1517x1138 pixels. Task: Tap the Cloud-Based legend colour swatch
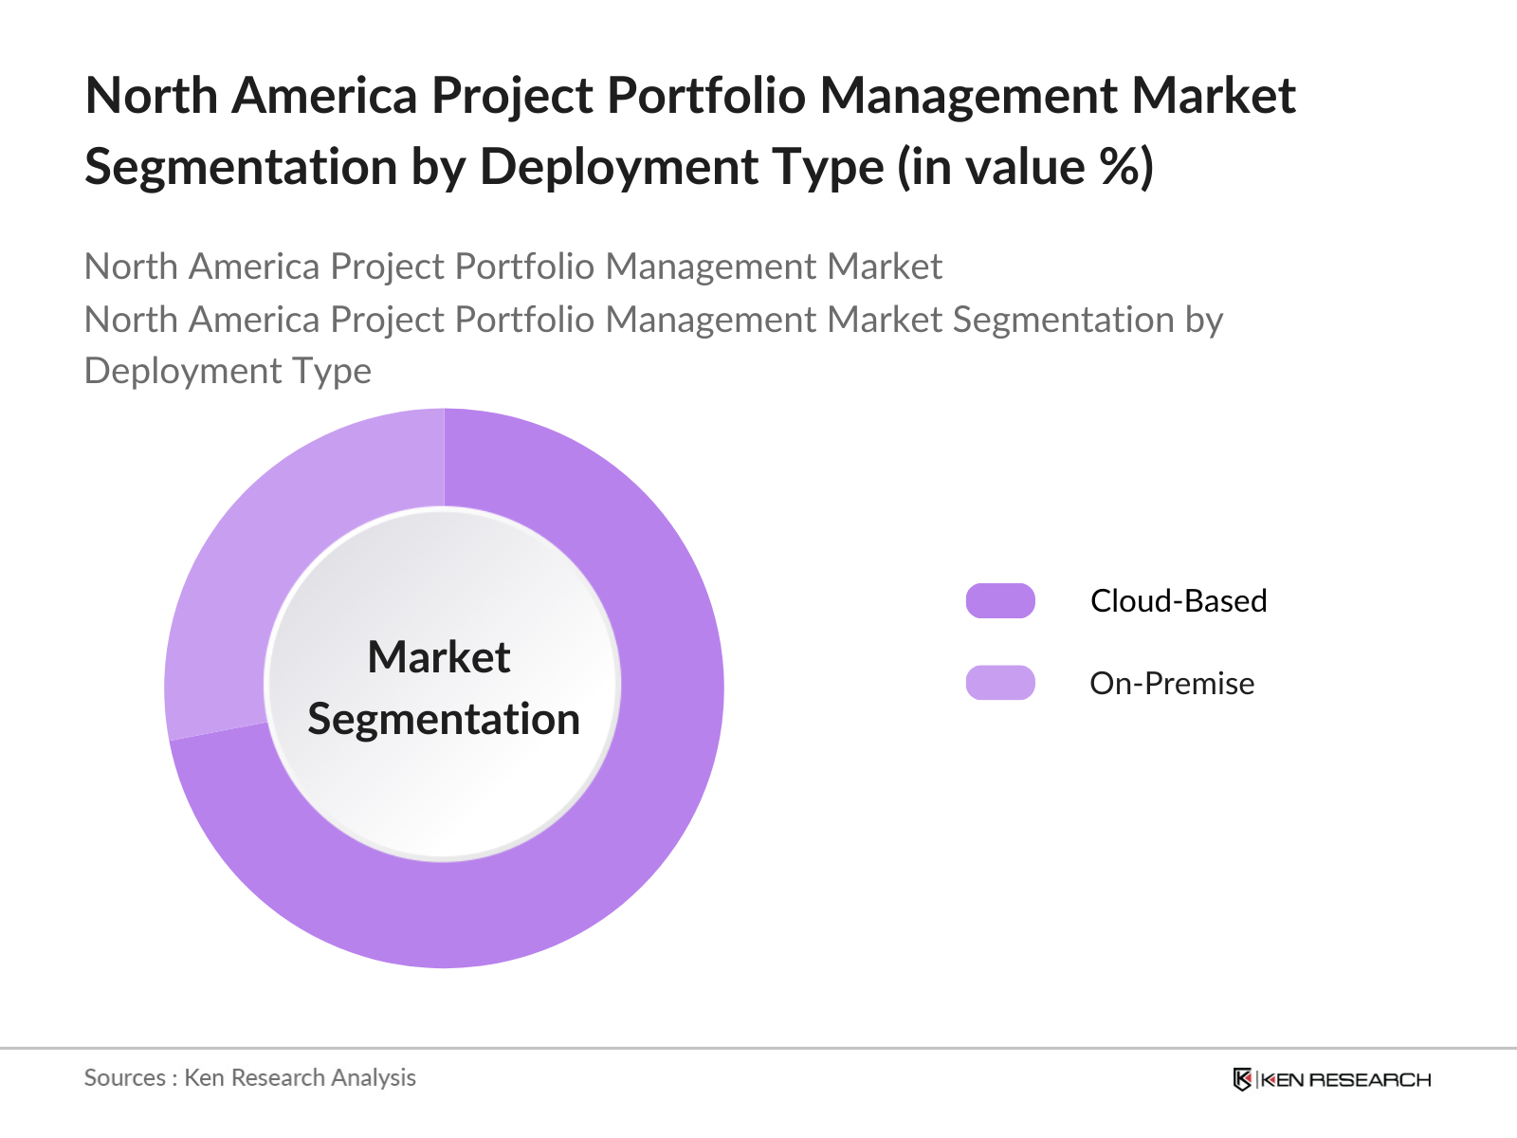pos(1000,601)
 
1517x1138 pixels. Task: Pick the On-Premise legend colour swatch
pos(1000,683)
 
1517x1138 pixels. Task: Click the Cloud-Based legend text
pos(1179,601)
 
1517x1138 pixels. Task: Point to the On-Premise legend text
pos(1172,683)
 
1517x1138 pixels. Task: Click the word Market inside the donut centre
pos(439,657)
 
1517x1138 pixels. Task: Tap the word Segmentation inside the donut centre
pos(444,719)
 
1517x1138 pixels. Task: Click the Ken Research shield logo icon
pos(1242,1079)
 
